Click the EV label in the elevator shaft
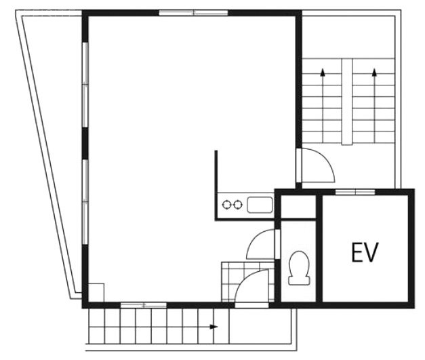(x=364, y=253)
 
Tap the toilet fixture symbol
(x=299, y=268)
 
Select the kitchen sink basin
(x=260, y=205)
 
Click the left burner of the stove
(x=226, y=204)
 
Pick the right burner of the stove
(x=237, y=204)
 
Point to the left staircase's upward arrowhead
(x=323, y=72)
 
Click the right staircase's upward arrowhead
(x=374, y=72)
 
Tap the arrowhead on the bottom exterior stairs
(x=214, y=327)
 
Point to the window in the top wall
(x=193, y=13)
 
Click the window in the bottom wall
(x=144, y=305)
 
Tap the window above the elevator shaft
(x=355, y=192)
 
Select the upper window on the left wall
(x=85, y=85)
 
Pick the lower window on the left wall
(x=85, y=202)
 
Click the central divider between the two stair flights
(x=346, y=102)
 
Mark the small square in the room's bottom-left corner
(x=96, y=292)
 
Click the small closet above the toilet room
(x=298, y=206)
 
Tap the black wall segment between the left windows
(x=85, y=144)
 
